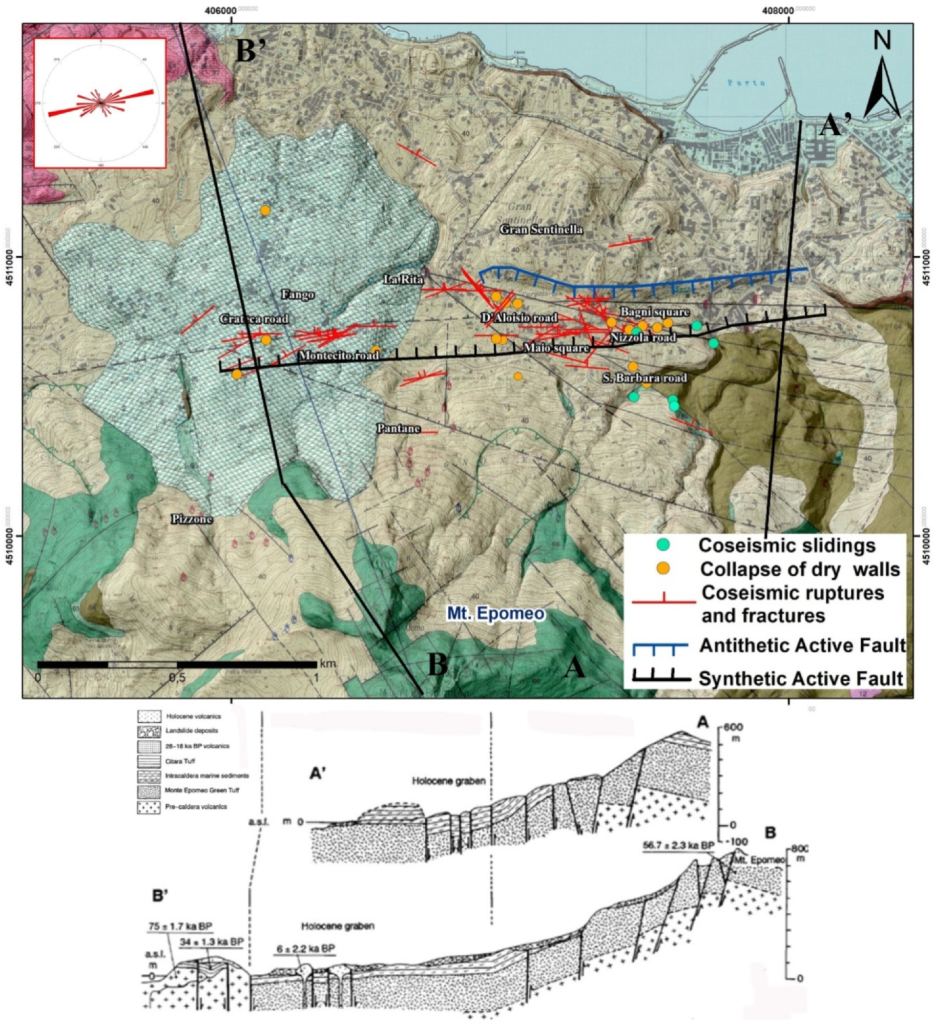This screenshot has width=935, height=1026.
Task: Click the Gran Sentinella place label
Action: coord(541,229)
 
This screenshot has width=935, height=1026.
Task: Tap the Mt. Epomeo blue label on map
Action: coord(495,613)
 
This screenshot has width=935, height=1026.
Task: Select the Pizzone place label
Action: coord(192,519)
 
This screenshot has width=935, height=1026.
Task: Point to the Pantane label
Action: coord(399,428)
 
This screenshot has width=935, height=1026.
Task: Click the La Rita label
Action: coord(404,280)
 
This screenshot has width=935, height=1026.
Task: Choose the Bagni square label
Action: coord(655,312)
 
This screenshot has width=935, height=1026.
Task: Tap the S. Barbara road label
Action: coord(645,378)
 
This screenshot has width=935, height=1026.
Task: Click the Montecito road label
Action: coord(339,355)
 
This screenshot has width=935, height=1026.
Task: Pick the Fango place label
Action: coord(298,295)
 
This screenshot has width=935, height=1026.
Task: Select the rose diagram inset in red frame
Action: coord(100,103)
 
